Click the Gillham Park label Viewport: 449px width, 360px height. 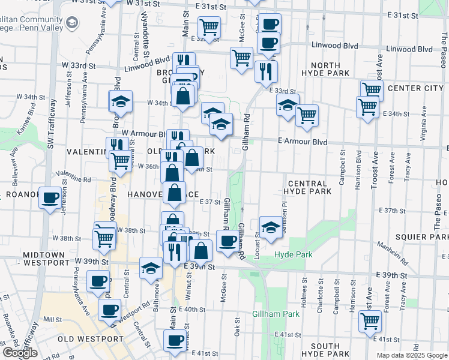pos(276,314)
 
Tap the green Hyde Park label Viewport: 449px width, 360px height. pos(294,255)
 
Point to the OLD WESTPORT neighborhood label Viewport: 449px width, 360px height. pos(91,339)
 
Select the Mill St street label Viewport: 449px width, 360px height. pos(53,320)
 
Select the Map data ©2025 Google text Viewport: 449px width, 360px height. pos(412,355)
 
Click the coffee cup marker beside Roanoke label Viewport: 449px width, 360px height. pos(50,196)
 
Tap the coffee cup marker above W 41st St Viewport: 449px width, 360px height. pos(175,340)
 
